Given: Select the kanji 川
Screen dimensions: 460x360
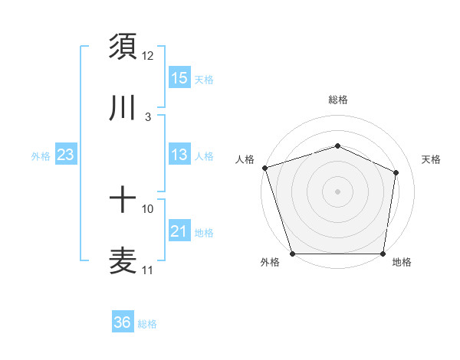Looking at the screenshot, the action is pyautogui.click(x=123, y=109).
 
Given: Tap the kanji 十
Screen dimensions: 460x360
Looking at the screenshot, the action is pyautogui.click(x=123, y=201).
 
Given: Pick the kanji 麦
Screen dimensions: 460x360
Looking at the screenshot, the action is pyautogui.click(x=123, y=260).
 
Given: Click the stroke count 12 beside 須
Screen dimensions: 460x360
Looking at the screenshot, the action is pyautogui.click(x=148, y=56).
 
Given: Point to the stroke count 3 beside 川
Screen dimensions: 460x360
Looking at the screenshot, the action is pyautogui.click(x=147, y=118).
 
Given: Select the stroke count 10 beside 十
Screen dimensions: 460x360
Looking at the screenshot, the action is pyautogui.click(x=148, y=208).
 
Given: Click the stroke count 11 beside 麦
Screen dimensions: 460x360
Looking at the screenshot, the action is pyautogui.click(x=148, y=270).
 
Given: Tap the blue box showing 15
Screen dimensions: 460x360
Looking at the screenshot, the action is pyautogui.click(x=179, y=78).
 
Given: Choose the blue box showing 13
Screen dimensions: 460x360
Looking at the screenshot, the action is pyautogui.click(x=179, y=155).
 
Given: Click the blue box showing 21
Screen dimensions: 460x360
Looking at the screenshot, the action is pyautogui.click(x=179, y=231).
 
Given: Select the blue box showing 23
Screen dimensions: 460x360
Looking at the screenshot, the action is pyautogui.click(x=66, y=155).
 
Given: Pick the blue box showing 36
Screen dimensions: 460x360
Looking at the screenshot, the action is pyautogui.click(x=123, y=322).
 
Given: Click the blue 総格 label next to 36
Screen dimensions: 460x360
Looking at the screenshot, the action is pyautogui.click(x=147, y=324).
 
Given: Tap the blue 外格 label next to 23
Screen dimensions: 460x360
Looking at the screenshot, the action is pyautogui.click(x=41, y=156).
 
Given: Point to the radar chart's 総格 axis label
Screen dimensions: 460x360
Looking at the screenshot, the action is pyautogui.click(x=337, y=100).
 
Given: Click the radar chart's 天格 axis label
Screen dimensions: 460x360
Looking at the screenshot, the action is pyautogui.click(x=431, y=159).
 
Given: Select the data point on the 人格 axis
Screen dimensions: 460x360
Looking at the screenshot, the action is pyautogui.click(x=264, y=168).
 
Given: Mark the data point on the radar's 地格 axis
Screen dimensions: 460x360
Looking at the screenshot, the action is pyautogui.click(x=383, y=254).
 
